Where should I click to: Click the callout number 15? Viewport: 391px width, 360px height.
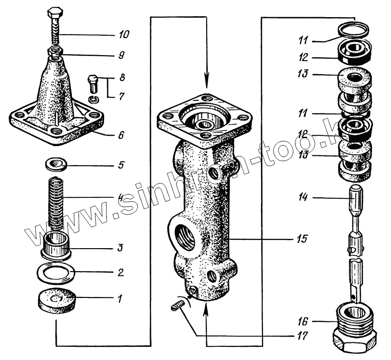(x=301, y=239)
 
